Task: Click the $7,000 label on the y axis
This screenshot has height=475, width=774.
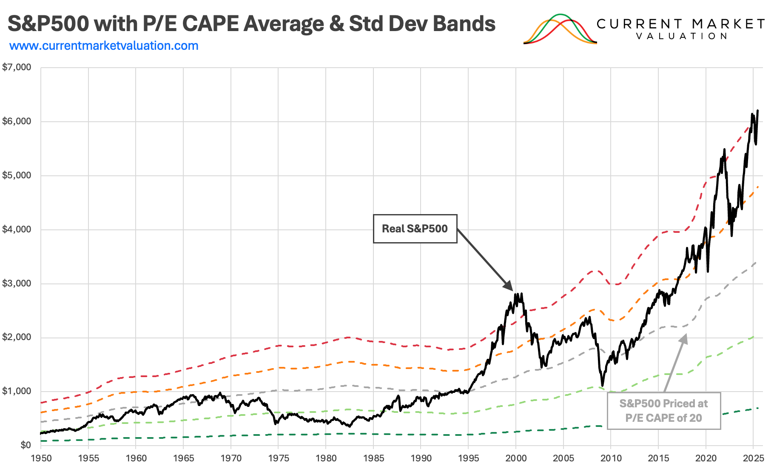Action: click(x=17, y=67)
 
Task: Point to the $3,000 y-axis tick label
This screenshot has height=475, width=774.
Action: click(x=17, y=283)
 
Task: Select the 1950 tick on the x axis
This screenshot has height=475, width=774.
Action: click(x=41, y=458)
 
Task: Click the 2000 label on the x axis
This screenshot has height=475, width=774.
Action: click(x=516, y=458)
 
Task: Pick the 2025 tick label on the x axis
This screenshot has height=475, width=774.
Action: click(x=753, y=458)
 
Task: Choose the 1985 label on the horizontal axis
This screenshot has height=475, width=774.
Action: click(x=373, y=458)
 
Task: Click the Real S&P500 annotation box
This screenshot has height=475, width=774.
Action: click(x=415, y=229)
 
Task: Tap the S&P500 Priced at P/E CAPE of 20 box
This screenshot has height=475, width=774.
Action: click(x=663, y=411)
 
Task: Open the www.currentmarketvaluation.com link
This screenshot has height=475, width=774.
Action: click(x=104, y=46)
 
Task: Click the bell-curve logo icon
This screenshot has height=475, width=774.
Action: click(x=560, y=29)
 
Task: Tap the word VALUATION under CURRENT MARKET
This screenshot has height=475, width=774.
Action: click(x=681, y=37)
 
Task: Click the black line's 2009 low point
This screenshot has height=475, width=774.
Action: click(x=603, y=386)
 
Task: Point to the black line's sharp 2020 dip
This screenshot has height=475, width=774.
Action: click(x=708, y=271)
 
